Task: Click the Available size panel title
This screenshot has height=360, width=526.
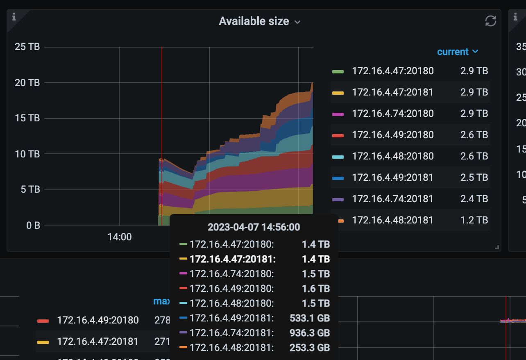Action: pos(254,21)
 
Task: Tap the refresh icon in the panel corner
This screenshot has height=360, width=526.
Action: pos(490,21)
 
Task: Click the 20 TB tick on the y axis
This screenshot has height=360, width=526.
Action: pos(27,83)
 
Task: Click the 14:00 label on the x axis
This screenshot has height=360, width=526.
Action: pos(119,237)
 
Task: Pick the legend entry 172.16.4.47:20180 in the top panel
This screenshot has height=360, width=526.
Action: pos(392,71)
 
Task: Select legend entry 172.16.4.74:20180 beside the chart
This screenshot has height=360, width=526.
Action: pos(392,114)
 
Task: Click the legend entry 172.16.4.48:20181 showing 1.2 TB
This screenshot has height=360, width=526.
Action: pos(392,220)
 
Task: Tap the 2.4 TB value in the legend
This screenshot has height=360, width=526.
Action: pos(474,199)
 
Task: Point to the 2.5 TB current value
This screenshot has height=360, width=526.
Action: pos(474,178)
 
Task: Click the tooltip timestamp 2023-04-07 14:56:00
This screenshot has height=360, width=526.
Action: pos(254,227)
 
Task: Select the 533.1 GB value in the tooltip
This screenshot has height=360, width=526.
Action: pos(310,318)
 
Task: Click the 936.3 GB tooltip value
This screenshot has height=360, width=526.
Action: pos(310,333)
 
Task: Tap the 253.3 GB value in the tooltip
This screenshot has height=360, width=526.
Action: pos(310,348)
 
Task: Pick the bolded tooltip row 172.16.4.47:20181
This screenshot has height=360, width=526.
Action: pos(233,259)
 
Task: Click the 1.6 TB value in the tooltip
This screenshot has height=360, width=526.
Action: pos(316,289)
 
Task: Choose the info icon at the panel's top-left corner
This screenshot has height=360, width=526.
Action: pos(14,17)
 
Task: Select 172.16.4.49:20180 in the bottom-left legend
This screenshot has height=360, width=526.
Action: pos(97,320)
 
